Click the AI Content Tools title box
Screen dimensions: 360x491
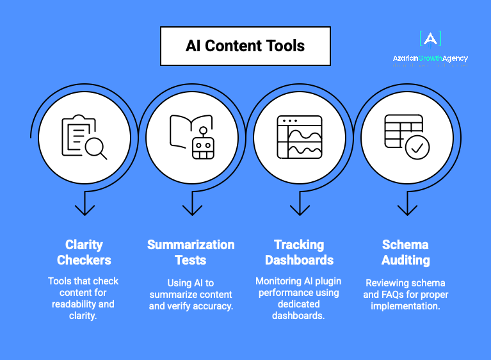(245, 46)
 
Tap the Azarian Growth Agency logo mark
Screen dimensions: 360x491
(430, 39)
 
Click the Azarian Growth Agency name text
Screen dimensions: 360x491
(430, 58)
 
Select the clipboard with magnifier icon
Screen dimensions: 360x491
(84, 136)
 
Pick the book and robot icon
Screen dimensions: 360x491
(191, 136)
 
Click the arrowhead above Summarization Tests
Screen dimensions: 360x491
(191, 209)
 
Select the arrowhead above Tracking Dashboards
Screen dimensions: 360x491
(299, 209)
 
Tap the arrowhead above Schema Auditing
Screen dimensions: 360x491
(406, 209)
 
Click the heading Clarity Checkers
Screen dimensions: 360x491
(84, 252)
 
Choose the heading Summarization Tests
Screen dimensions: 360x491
(191, 252)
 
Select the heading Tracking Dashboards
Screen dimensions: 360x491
(299, 252)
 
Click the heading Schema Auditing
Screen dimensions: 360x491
(406, 252)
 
